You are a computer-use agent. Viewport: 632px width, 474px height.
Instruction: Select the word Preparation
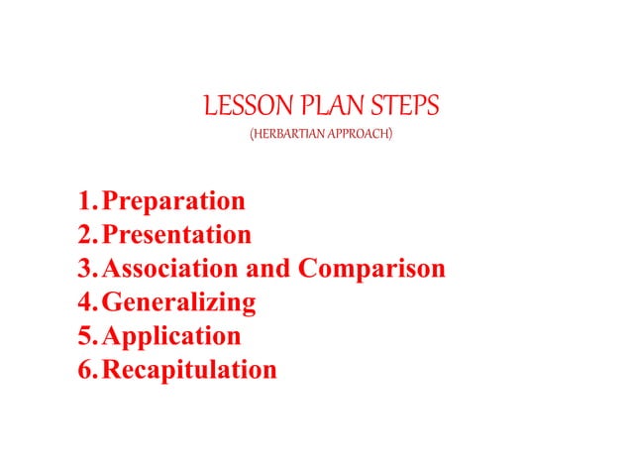[173, 202]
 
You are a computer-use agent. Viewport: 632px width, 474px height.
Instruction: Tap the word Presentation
[176, 236]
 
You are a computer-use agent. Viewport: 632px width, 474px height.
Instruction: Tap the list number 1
[84, 202]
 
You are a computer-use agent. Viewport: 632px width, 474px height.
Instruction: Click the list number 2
[84, 236]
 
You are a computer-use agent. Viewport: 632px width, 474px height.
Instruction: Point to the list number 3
[84, 270]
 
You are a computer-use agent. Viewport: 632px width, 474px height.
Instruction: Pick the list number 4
[84, 302]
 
